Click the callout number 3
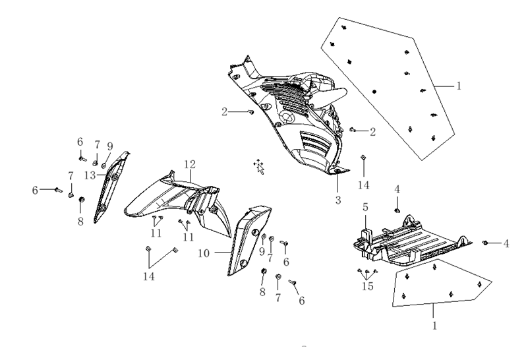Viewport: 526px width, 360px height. [x=338, y=200]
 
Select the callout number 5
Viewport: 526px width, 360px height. [x=365, y=207]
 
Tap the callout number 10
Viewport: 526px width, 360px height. [x=204, y=253]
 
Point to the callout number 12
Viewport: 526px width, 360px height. [x=190, y=164]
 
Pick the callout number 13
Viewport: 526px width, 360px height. [x=90, y=175]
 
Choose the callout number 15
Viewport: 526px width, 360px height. [x=368, y=286]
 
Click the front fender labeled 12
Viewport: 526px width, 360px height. [x=178, y=204]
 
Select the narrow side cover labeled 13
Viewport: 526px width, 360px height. [x=111, y=187]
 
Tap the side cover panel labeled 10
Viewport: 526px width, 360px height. [x=248, y=241]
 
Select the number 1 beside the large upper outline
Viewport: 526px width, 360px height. [x=459, y=86]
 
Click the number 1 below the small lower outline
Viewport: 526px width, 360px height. [x=435, y=326]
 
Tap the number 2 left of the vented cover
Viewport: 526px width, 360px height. [x=224, y=111]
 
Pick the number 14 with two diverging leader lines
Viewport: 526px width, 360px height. [x=149, y=276]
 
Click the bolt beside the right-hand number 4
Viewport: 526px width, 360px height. [x=485, y=243]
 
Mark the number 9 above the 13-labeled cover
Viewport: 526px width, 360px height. [x=110, y=146]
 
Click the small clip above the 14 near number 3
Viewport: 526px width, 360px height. [x=363, y=158]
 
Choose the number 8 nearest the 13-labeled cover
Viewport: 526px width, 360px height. [x=80, y=222]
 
